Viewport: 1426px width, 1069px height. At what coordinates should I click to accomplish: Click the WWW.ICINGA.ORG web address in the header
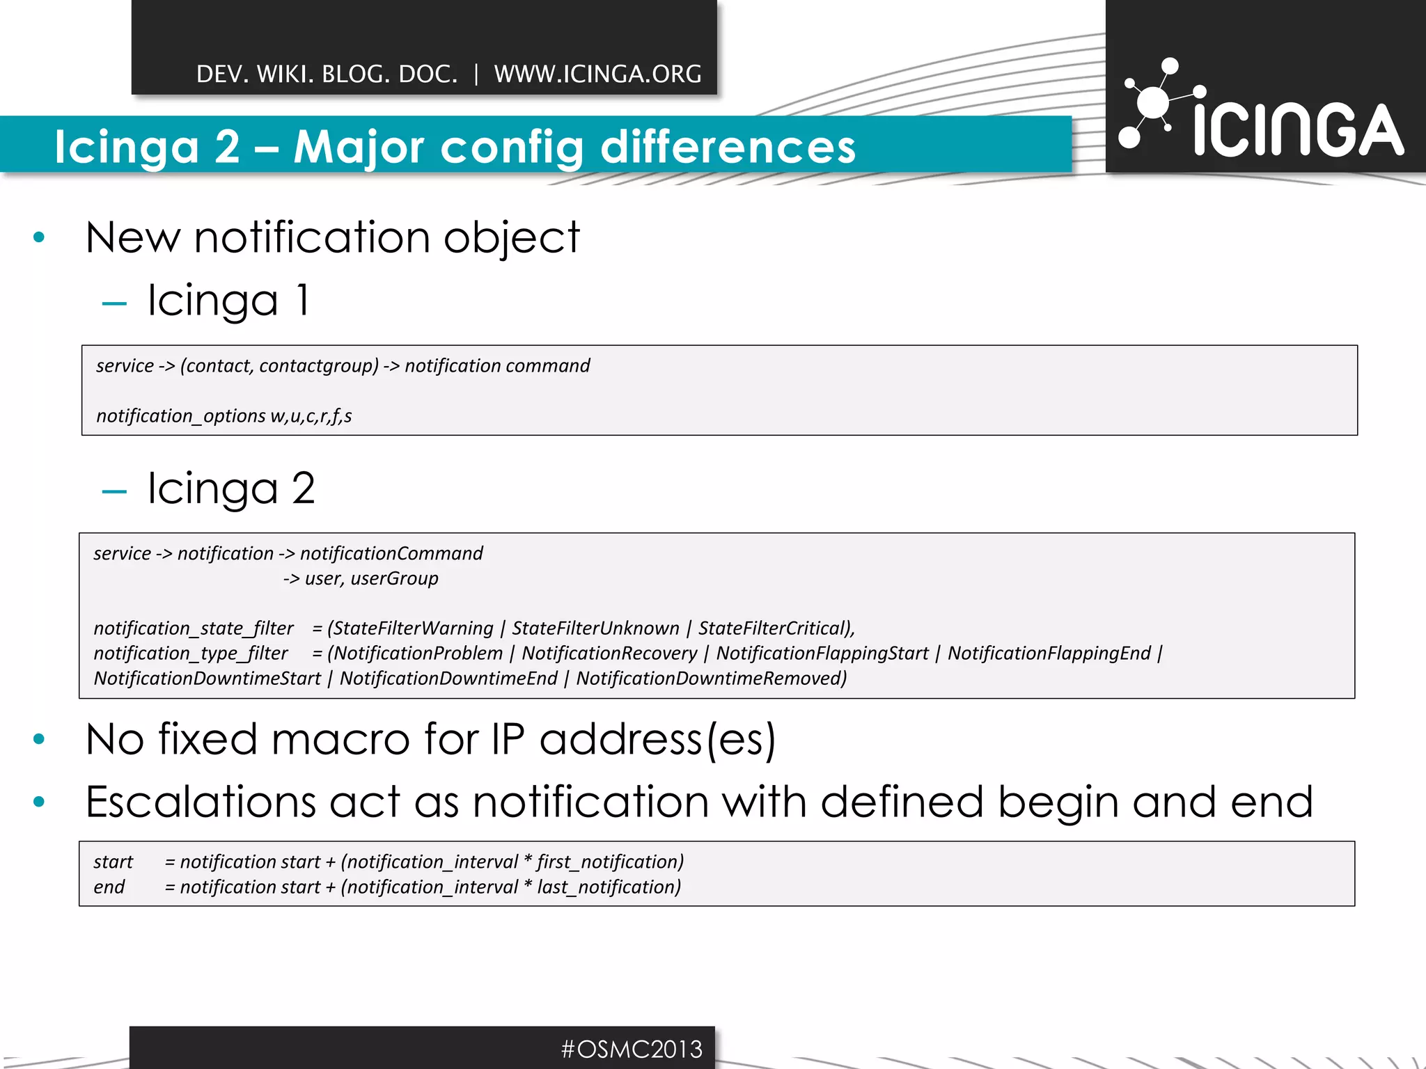pyautogui.click(x=597, y=74)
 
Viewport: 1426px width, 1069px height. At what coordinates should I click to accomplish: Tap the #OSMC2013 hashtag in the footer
pyautogui.click(x=632, y=1049)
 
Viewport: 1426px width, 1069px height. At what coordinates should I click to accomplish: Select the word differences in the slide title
pyautogui.click(x=728, y=147)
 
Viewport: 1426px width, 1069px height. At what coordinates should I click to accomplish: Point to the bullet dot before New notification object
pyautogui.click(x=39, y=238)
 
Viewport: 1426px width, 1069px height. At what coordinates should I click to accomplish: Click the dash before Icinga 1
pyautogui.click(x=114, y=303)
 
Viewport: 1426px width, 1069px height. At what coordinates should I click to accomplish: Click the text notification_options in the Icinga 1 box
pyautogui.click(x=180, y=416)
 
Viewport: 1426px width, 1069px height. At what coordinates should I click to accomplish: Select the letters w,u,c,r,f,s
pyautogui.click(x=311, y=416)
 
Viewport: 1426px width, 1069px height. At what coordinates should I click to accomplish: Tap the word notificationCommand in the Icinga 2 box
pyautogui.click(x=391, y=553)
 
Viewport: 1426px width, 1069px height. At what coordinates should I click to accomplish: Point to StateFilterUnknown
pyautogui.click(x=595, y=628)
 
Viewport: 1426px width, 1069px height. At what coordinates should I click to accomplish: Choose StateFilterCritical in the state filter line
pyautogui.click(x=774, y=628)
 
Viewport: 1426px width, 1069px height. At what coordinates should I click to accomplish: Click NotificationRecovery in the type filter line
pyautogui.click(x=609, y=654)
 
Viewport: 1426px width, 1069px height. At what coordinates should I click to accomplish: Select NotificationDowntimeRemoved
pyautogui.click(x=710, y=679)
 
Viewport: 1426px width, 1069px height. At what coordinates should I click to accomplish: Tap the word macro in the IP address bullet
pyautogui.click(x=340, y=739)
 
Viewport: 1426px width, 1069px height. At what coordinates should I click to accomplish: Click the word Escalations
pyautogui.click(x=201, y=802)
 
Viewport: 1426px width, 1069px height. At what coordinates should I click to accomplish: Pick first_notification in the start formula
pyautogui.click(x=609, y=862)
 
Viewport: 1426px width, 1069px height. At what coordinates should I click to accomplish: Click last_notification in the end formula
pyautogui.click(x=608, y=887)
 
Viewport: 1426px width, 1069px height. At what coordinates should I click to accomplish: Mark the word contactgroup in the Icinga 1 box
pyautogui.click(x=318, y=366)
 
